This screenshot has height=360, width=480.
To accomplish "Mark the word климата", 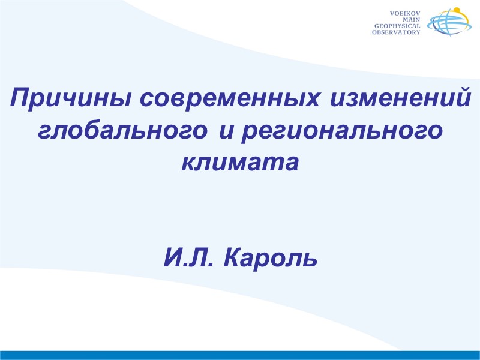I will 239,162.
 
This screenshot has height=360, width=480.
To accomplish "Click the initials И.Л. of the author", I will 189,259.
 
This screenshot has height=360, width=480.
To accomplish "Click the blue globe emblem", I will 446,25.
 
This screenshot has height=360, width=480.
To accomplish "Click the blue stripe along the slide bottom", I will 240,355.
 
